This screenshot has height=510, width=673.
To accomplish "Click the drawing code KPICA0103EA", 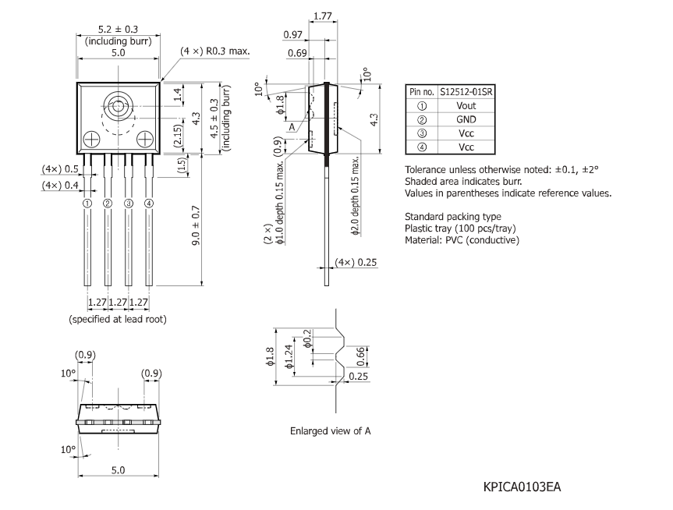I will (522, 487).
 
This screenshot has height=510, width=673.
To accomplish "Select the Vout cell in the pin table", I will (466, 104).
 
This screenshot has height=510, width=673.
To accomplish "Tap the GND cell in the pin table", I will (466, 119).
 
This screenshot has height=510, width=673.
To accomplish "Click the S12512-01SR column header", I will (466, 90).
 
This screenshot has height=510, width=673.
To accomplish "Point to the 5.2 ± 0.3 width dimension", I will (118, 30).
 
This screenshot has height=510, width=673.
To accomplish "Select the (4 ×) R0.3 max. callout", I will (214, 51).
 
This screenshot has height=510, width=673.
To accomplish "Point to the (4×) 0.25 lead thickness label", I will (356, 262).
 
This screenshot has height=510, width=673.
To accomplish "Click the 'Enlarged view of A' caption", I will (330, 430).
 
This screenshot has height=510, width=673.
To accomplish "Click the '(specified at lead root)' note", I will (117, 320).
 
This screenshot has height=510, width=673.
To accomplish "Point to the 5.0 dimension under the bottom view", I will (119, 470).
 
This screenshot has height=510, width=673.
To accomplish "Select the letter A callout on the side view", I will (291, 126).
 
